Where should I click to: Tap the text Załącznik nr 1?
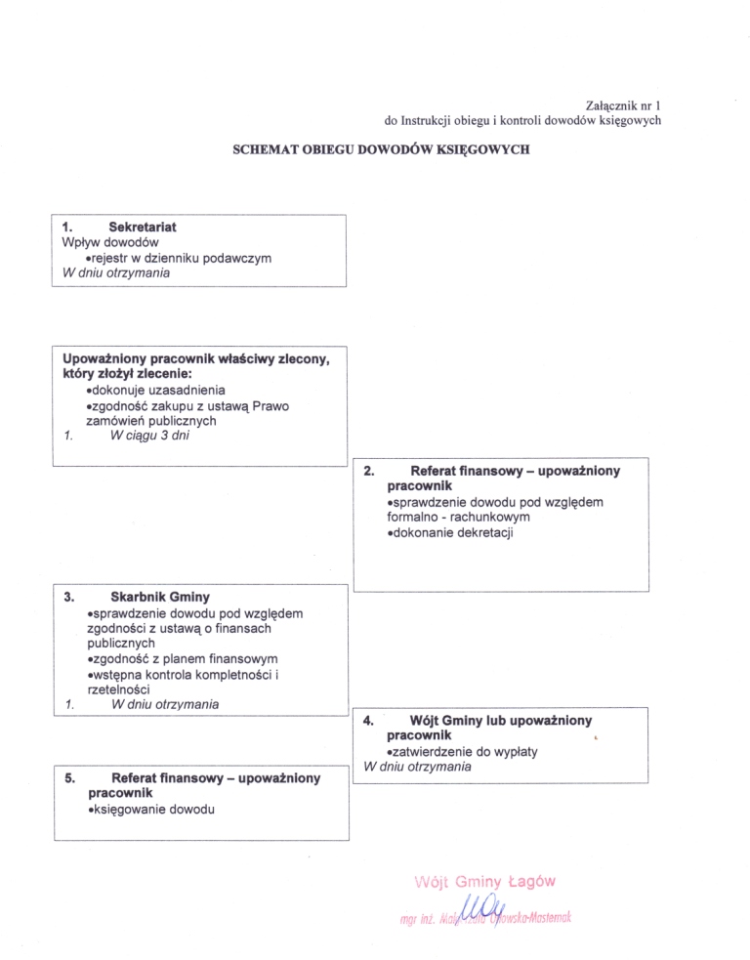tap(622, 104)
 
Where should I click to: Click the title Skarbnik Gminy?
tap(160, 596)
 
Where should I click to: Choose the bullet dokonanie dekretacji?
tap(450, 533)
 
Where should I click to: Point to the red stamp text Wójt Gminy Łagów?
tap(485, 881)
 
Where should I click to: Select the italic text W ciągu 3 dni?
tap(150, 436)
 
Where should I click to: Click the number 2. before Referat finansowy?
tap(368, 471)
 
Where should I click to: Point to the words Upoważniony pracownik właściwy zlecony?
tap(195, 358)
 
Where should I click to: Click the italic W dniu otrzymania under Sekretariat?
tap(115, 272)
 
